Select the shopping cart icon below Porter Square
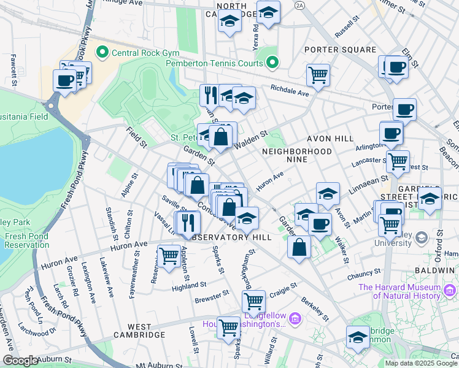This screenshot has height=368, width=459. (318, 75)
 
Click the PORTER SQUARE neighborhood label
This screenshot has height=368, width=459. (344, 50)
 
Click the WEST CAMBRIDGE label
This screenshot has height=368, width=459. (138, 335)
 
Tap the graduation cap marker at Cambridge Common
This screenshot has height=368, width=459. (358, 337)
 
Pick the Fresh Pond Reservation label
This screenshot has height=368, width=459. (28, 240)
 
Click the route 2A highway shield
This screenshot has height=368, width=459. (299, 5)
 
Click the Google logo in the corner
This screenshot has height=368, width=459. (20, 361)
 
